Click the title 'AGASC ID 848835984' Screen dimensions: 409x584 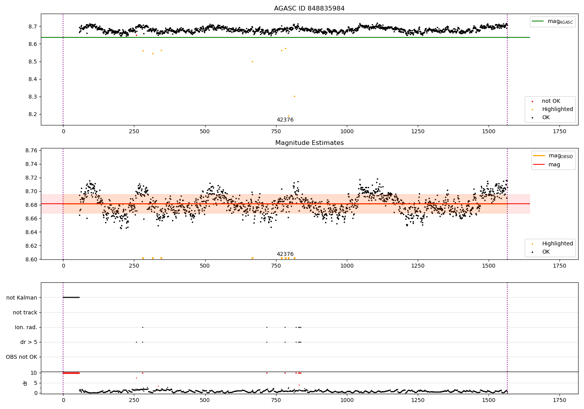pos(309,9)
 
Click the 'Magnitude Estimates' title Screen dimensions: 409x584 pos(309,143)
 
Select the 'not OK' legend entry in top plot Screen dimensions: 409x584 pos(551,101)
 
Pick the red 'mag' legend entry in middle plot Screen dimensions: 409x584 pos(554,165)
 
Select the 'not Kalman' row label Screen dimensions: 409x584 pos(22,298)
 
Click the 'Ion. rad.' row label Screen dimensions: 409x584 pos(26,327)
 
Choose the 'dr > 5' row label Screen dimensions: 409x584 pos(29,342)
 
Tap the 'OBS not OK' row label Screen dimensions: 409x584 pos(22,357)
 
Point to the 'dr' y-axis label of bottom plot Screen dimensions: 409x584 pos(25,383)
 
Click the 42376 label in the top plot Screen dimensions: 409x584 pos(285,120)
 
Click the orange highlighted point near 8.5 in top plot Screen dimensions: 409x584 pos(252,62)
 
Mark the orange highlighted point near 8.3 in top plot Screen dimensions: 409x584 pos(294,97)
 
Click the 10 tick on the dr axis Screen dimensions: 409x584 pos(34,373)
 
